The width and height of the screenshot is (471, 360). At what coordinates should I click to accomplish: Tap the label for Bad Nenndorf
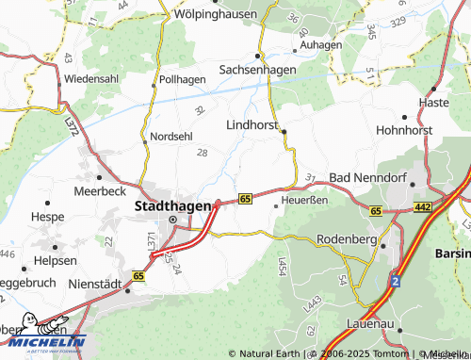(365, 177)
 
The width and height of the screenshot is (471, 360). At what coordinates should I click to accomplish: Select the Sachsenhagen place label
(257, 70)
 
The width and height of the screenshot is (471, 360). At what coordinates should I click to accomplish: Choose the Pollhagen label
(183, 80)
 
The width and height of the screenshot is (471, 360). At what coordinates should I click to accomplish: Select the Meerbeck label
(100, 190)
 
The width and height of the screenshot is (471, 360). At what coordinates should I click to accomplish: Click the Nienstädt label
(95, 283)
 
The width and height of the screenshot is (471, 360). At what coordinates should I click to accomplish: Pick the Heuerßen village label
(307, 200)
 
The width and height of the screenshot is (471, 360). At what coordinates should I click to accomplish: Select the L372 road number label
(72, 123)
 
